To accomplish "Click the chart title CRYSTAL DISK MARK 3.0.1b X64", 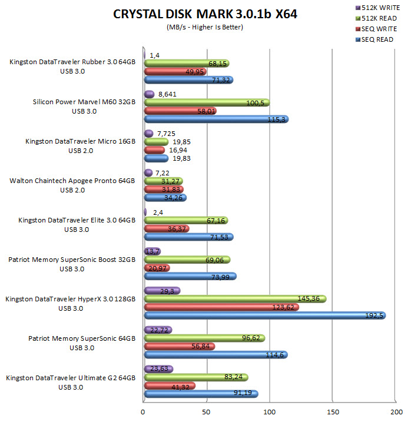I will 206,15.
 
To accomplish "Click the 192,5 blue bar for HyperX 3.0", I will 264,315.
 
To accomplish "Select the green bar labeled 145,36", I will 235,299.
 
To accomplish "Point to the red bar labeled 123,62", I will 221,307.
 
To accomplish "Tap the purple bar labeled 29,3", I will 162,291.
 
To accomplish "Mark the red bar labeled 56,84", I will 180,347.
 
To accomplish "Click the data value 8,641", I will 167,94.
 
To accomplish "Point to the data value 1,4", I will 155,55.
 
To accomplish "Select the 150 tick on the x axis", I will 334,413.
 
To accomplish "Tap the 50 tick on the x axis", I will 207,413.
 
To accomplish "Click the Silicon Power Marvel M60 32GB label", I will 84,102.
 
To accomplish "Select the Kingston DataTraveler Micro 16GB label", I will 81,141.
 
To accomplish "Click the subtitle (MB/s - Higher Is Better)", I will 206,27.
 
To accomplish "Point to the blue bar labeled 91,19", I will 201,394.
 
